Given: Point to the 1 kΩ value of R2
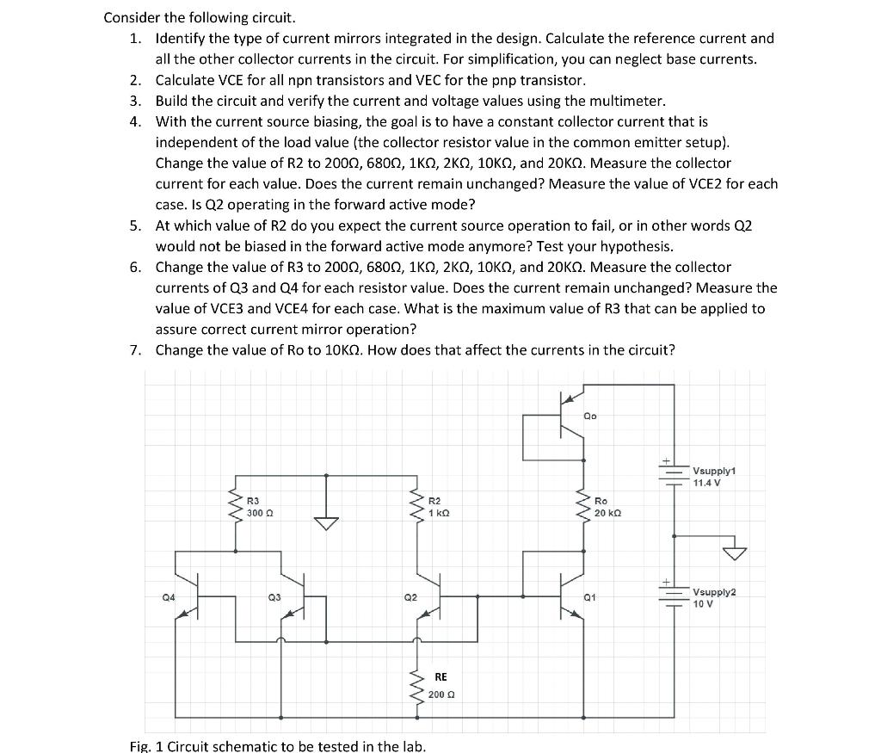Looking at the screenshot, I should tap(439, 513).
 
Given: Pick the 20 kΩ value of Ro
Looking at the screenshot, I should tap(607, 513).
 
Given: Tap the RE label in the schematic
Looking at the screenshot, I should tap(440, 677).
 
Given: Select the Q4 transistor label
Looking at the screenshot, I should tap(169, 596).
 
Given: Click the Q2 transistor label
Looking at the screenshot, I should tap(410, 596).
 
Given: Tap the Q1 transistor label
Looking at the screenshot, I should tap(589, 596).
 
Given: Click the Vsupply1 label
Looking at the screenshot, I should tap(715, 471).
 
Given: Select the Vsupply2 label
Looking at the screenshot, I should tap(715, 592).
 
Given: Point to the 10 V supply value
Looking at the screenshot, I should tap(703, 603).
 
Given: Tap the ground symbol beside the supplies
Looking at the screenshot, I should tap(734, 550).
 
